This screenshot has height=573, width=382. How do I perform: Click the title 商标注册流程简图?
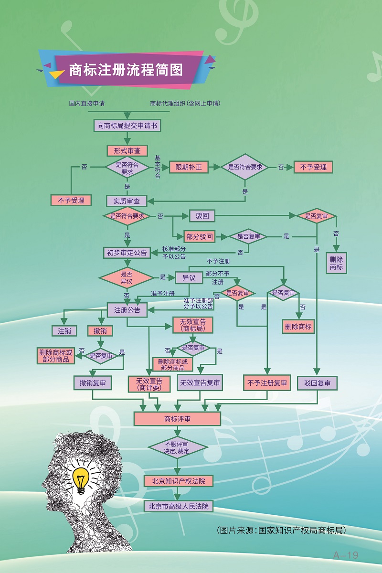click(126, 70)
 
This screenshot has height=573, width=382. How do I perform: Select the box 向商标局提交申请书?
click(127, 126)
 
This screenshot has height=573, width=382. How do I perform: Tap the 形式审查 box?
click(127, 150)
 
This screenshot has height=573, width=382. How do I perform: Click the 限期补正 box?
click(189, 167)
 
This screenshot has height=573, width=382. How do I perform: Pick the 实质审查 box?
click(127, 201)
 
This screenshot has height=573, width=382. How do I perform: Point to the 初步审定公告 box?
click(127, 253)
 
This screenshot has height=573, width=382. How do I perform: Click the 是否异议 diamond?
click(127, 277)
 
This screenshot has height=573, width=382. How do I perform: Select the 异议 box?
click(189, 277)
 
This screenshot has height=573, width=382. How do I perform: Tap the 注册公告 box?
click(127, 310)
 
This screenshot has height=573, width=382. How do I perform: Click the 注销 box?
click(64, 330)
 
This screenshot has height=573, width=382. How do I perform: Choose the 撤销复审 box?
click(93, 382)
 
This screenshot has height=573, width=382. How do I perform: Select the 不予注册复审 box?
click(267, 383)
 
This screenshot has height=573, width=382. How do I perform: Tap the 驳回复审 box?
click(317, 383)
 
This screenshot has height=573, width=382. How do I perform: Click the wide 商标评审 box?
click(177, 419)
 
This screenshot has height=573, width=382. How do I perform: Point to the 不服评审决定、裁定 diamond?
click(177, 447)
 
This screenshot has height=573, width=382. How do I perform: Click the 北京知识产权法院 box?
click(178, 481)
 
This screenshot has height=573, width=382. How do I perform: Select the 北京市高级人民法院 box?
click(178, 506)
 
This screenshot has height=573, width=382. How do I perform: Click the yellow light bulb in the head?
click(81, 479)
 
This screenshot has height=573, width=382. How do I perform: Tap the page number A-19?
click(345, 555)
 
